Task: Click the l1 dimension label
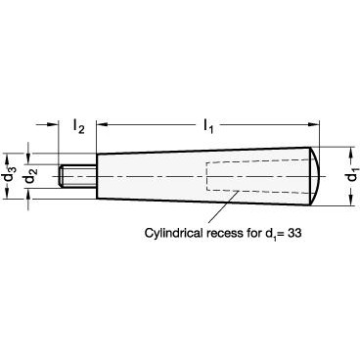click(x=208, y=126)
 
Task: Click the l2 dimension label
click(x=78, y=126)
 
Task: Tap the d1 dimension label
click(x=353, y=176)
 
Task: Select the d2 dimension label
click(x=30, y=176)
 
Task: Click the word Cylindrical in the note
click(x=174, y=234)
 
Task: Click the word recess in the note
click(x=225, y=234)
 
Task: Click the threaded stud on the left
click(x=77, y=176)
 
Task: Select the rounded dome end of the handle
click(x=316, y=176)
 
